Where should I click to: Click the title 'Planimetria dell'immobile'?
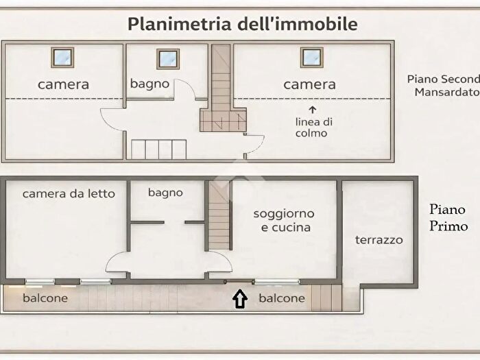(243, 24)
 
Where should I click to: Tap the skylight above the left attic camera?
(64, 58)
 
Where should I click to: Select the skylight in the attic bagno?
(168, 58)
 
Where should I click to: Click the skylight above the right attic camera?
(311, 58)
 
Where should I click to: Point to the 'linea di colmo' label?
(314, 127)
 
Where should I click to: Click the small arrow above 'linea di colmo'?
(313, 109)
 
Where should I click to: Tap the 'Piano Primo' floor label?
(448, 217)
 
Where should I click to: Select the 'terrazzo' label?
(379, 240)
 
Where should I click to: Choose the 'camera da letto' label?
(69, 193)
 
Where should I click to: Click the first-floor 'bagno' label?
(165, 193)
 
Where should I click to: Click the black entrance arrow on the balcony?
(240, 298)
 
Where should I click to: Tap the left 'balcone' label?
(45, 298)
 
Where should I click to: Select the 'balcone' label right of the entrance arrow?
(281, 298)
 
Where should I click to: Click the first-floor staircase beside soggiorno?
(219, 215)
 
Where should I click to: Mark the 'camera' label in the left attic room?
(63, 84)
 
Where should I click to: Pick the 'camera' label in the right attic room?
(309, 84)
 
